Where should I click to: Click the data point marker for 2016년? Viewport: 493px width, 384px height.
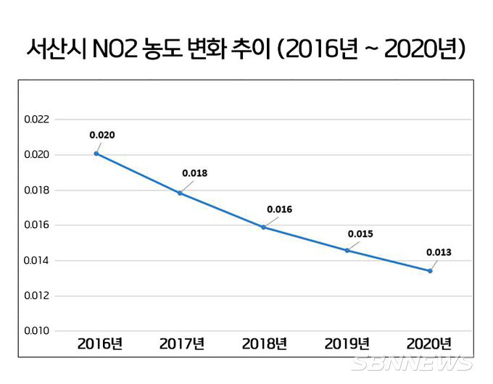96,154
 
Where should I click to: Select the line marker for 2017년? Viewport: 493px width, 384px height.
180,193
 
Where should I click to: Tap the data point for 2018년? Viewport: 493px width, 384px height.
263,227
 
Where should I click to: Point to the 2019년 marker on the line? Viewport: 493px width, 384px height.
347,250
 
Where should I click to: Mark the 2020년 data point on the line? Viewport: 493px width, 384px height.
430,271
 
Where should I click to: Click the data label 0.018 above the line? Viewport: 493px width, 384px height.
194,173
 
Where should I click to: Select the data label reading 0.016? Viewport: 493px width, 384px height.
279,209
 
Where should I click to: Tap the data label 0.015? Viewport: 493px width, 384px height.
360,233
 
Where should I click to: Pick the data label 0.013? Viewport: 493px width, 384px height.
439,253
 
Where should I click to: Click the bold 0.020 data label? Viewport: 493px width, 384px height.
102,135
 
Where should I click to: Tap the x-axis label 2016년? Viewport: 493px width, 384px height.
100,343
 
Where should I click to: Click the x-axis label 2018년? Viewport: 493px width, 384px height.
265,343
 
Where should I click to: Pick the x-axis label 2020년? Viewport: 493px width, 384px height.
428,343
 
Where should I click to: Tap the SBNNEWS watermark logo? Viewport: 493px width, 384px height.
412,363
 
